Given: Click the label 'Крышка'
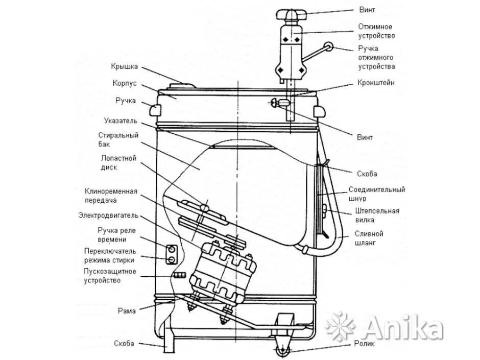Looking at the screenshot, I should point(124,66).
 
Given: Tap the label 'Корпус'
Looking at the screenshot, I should point(124,83).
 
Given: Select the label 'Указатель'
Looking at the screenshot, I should point(121,121).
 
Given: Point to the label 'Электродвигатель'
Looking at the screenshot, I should point(108,215).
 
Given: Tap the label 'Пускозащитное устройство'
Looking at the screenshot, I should point(110,276).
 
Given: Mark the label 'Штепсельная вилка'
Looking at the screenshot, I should point(377,215).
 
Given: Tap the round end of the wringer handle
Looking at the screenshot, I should point(329,47).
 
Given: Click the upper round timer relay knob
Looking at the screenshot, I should point(172,248).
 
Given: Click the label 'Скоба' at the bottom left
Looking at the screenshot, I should point(124,344).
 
